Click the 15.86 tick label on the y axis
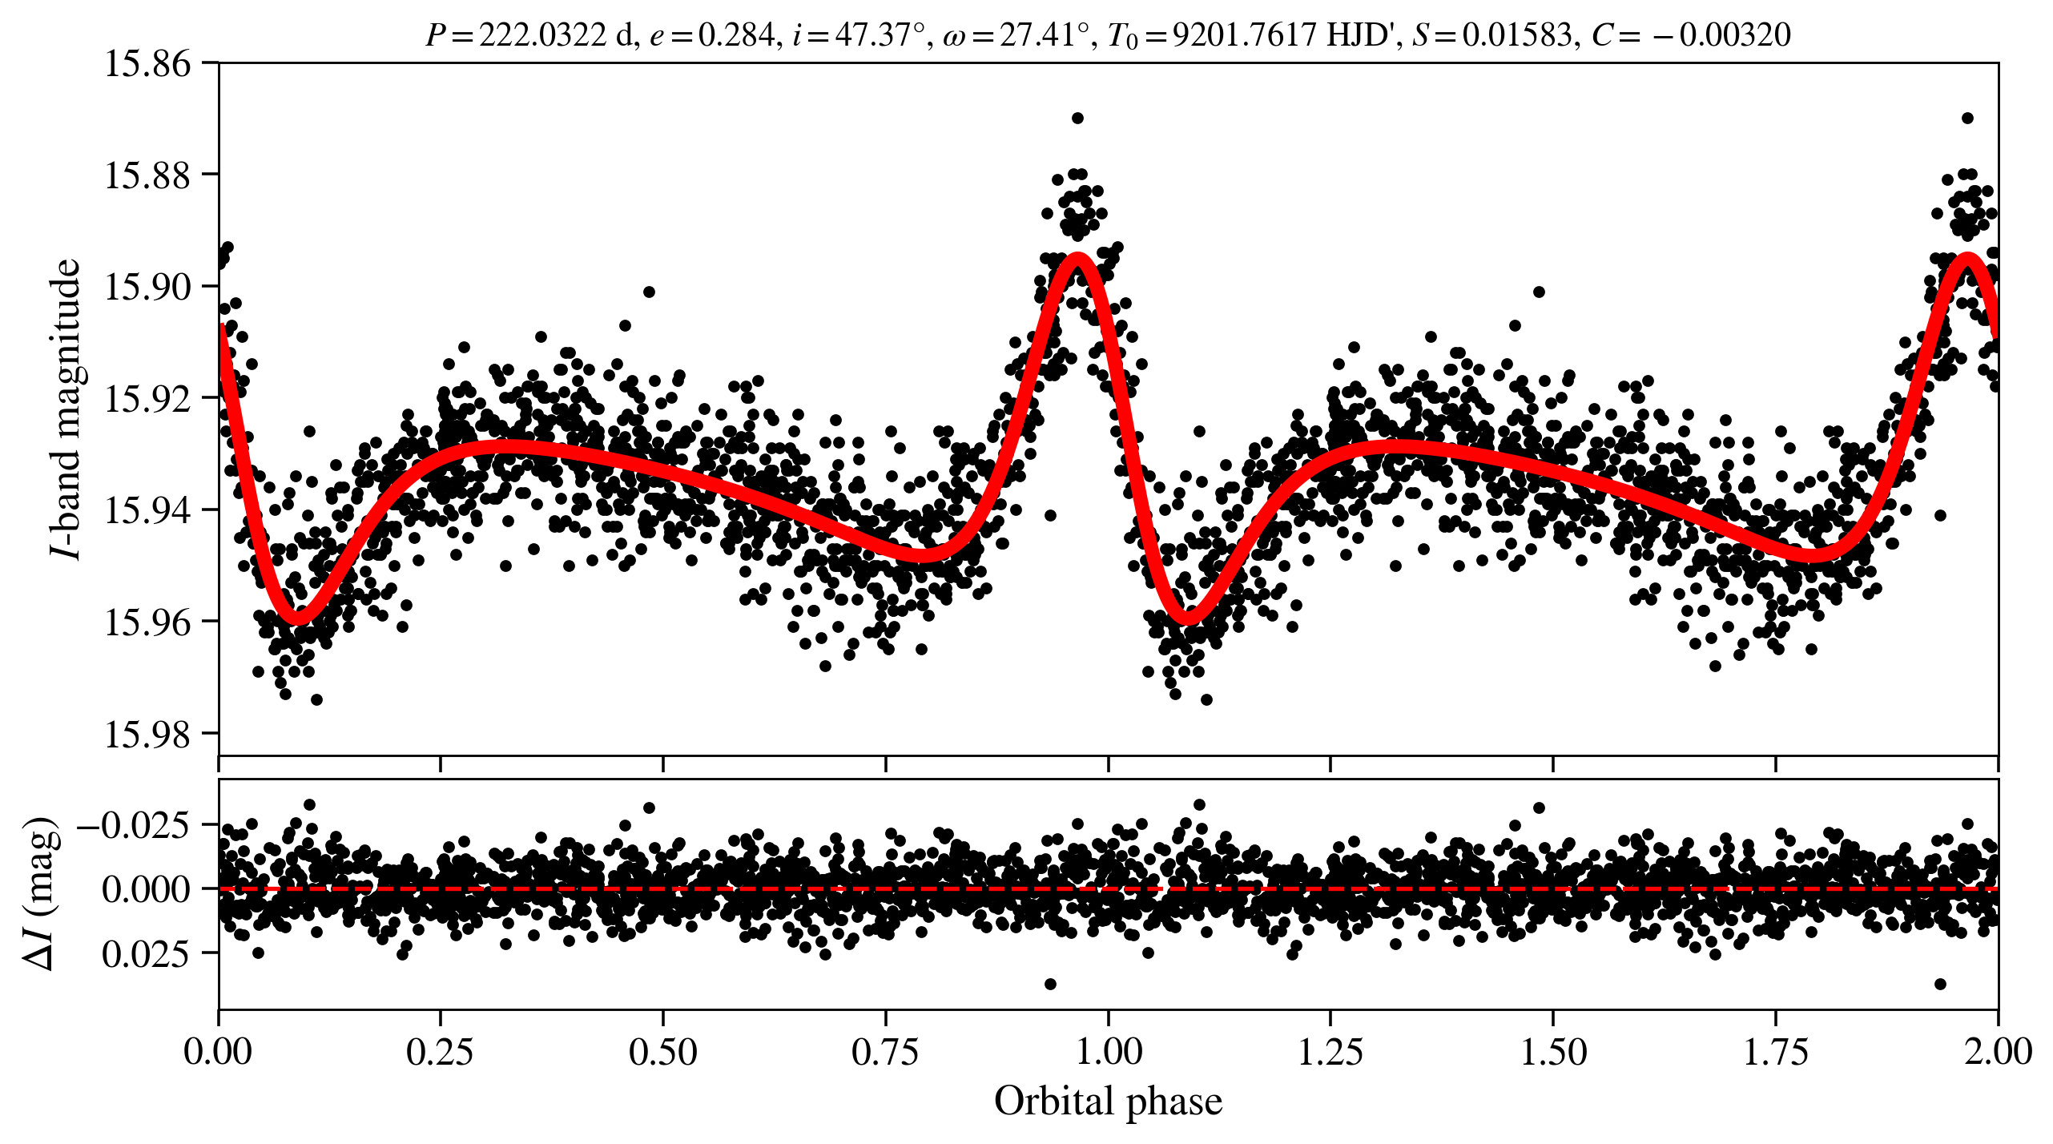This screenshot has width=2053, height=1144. (x=148, y=64)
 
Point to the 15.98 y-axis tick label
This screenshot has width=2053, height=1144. (x=148, y=734)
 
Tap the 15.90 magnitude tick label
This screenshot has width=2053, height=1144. (x=148, y=287)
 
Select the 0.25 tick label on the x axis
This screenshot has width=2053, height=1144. (x=440, y=1052)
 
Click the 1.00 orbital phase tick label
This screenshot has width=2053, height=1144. (x=1108, y=1052)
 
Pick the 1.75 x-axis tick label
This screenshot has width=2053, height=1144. (x=1776, y=1052)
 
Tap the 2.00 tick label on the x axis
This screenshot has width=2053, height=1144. (x=1998, y=1052)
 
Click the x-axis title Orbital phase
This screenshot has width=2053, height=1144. (x=1108, y=1102)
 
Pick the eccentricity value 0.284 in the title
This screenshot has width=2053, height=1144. (x=736, y=35)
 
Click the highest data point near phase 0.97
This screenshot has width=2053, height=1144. (x=1077, y=119)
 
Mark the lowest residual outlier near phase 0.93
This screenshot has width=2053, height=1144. (x=1050, y=984)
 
